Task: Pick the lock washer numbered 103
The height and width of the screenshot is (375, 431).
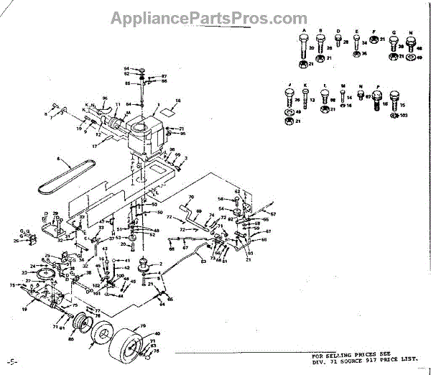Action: pos(393,116)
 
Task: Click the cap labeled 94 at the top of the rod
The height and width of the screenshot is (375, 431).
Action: pos(141,69)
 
